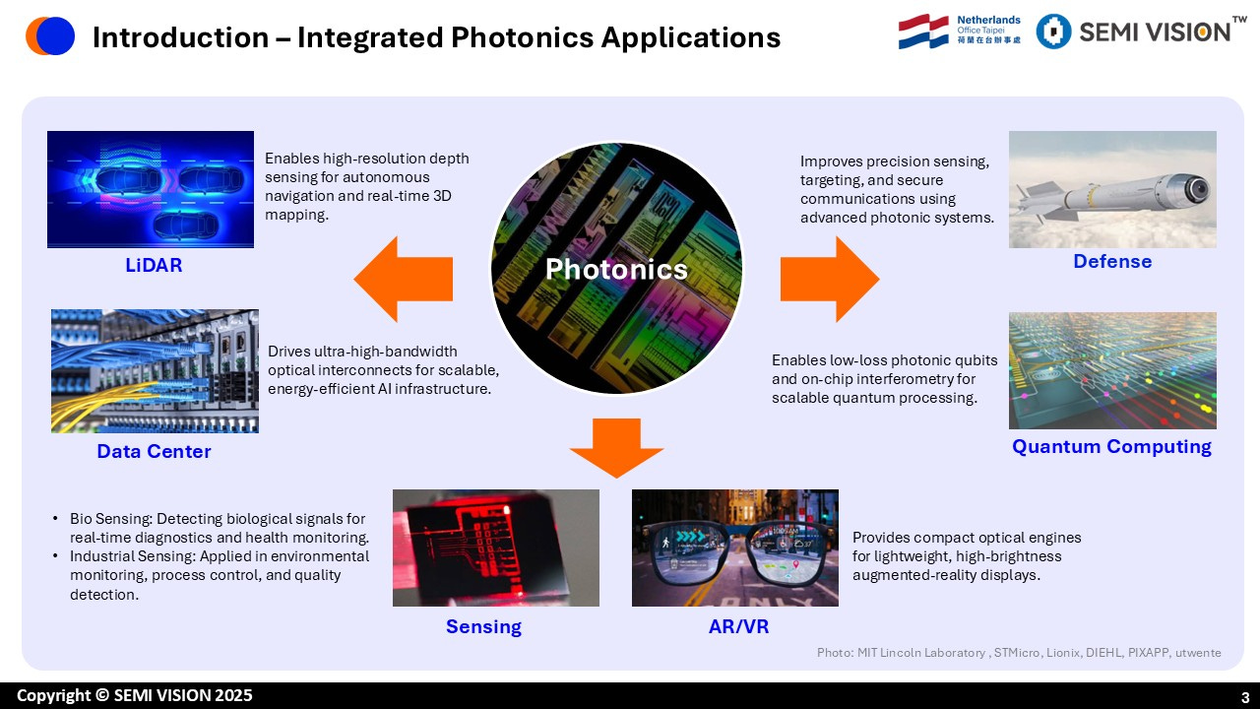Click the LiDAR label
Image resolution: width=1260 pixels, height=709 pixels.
click(154, 265)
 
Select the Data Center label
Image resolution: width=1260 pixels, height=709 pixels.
click(154, 451)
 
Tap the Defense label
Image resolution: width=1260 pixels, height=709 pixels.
click(1112, 261)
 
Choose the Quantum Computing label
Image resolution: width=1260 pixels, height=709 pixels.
click(1111, 446)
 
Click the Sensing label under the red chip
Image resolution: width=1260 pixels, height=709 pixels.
click(483, 626)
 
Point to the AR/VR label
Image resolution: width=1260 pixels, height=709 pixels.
click(734, 626)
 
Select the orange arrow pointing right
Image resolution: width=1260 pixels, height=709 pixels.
click(830, 279)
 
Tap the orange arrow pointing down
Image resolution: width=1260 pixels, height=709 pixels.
click(617, 446)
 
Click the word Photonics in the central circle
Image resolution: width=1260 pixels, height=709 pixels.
click(616, 269)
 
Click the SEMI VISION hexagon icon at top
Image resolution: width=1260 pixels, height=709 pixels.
click(1053, 32)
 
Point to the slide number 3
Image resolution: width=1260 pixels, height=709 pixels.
click(1244, 697)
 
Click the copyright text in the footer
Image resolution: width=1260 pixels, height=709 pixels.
click(134, 695)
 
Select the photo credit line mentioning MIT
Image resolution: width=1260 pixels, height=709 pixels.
click(1018, 653)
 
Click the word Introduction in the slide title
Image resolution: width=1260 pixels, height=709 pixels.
click(179, 37)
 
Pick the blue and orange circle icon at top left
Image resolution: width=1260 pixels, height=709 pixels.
click(50, 36)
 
